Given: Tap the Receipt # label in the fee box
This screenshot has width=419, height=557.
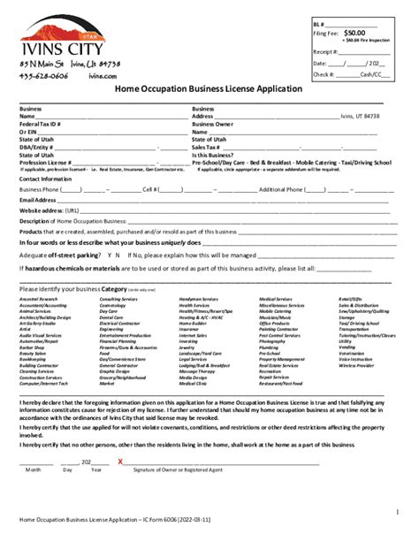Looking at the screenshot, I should (325, 52).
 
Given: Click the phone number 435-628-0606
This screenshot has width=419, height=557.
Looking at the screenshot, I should (41, 76).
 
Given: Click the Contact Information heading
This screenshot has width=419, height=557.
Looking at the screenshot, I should (45, 178).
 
